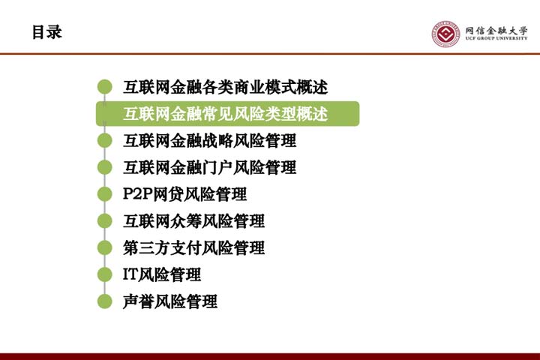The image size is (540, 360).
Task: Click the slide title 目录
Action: point(46,32)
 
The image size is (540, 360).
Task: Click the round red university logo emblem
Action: point(445,34)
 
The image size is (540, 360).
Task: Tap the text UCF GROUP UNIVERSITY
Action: point(496,38)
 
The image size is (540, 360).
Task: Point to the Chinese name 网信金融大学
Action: point(496,30)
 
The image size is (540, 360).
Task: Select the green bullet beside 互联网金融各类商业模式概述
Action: point(105,87)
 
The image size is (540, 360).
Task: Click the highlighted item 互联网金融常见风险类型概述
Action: point(225,114)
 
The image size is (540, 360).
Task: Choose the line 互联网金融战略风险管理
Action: point(210,140)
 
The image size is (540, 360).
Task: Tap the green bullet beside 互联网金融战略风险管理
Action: point(105,140)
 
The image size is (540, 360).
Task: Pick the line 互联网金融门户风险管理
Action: point(210,167)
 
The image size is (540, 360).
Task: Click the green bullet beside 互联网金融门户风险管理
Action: point(105,167)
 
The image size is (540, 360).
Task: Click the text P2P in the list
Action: point(138,194)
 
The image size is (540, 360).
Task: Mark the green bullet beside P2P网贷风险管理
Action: point(105,194)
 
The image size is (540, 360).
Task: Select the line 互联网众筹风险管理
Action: point(194,220)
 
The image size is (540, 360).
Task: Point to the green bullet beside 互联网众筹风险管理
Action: point(105,220)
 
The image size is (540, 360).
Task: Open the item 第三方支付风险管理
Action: point(194,247)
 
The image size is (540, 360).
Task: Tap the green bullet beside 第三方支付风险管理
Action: point(105,247)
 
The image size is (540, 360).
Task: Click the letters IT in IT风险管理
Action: point(130,274)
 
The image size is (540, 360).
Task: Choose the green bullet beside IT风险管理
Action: point(105,274)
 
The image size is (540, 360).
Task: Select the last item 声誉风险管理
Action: point(170,301)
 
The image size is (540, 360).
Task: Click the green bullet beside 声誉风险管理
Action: point(105,301)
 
